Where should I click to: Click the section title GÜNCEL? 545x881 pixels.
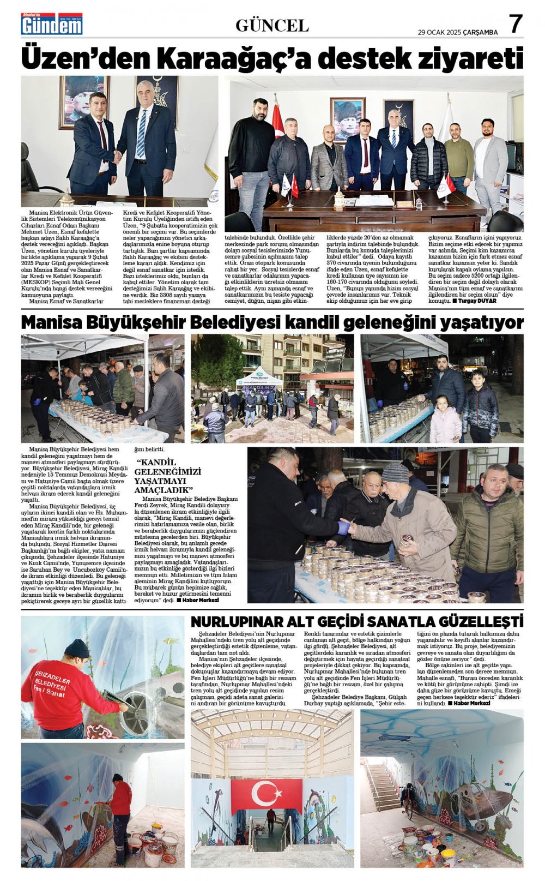272,25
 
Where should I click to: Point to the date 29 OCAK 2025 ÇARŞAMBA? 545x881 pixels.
458,32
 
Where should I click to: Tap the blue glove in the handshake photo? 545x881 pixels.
343,528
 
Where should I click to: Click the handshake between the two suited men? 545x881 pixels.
117,157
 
